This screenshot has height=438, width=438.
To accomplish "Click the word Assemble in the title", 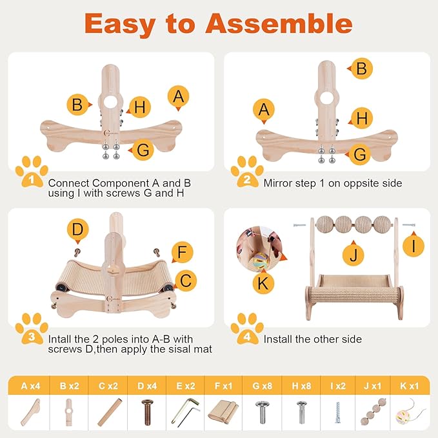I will [279, 23].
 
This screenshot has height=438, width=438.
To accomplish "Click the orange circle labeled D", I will [77, 230].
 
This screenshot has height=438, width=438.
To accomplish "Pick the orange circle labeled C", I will [186, 281].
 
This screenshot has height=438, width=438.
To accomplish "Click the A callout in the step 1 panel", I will [178, 97].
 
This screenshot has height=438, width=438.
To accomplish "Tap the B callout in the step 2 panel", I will [361, 68].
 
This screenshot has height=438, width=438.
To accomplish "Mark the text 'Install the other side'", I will [312, 339].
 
